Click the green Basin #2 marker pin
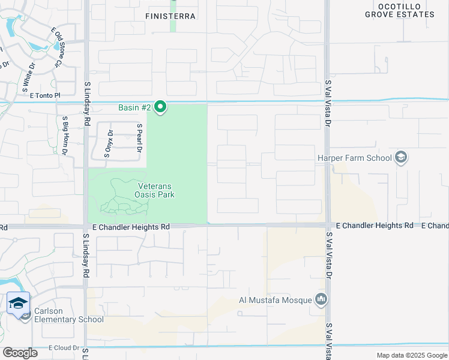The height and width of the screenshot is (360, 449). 160,107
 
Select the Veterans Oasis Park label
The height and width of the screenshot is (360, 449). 154,190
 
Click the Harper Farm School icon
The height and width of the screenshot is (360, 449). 401,158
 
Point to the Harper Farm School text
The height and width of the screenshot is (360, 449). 354,158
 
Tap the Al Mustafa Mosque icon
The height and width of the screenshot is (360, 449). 321,299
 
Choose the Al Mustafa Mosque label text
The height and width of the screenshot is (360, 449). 275,300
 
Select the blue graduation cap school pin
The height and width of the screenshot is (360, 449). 19,303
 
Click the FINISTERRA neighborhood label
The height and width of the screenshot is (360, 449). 171,16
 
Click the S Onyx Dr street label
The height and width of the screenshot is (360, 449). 109,144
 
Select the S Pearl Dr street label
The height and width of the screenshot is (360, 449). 139,138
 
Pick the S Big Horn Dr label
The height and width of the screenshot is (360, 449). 64,135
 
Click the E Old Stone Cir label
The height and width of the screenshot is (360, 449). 57,46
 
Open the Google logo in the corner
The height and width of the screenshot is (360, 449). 20,353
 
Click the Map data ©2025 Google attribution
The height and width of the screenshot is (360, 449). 412,355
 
